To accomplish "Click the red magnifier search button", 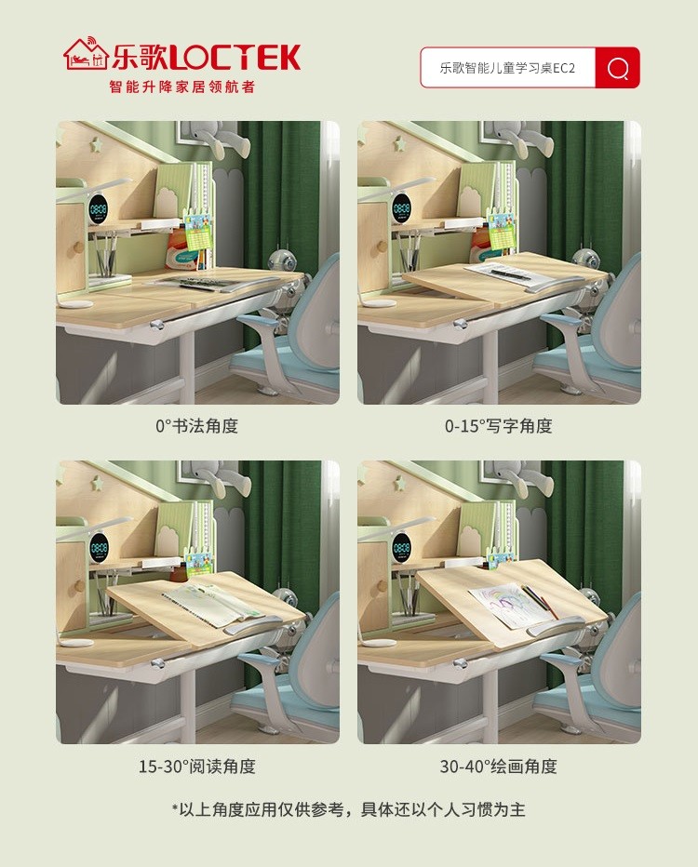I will [617, 68].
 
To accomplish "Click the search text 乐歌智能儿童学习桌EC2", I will [507, 68].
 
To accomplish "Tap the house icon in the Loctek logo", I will [85, 55].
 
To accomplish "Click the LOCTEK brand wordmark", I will [237, 58].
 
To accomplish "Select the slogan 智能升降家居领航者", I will [181, 87].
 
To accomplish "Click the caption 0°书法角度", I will [196, 426].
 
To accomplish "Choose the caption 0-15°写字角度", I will [498, 426].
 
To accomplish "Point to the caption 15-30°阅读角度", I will [196, 767].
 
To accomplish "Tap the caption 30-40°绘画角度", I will [498, 767].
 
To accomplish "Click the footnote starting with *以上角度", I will [348, 809].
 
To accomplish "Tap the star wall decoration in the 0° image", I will [96, 144].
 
